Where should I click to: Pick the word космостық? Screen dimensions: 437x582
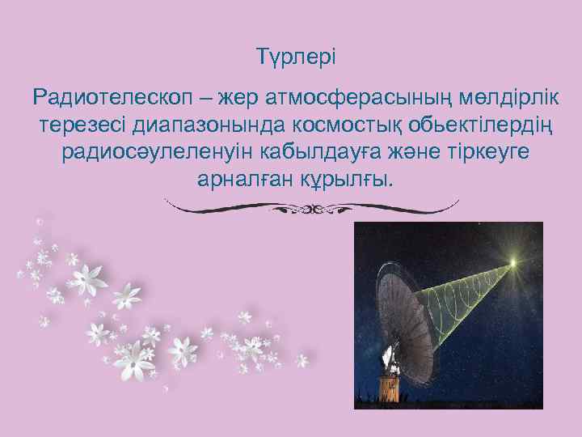(334, 125)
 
